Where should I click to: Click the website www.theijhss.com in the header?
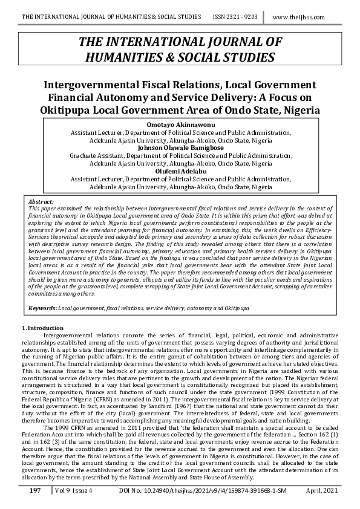307,17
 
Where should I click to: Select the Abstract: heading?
41,201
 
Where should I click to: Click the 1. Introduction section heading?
38,327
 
